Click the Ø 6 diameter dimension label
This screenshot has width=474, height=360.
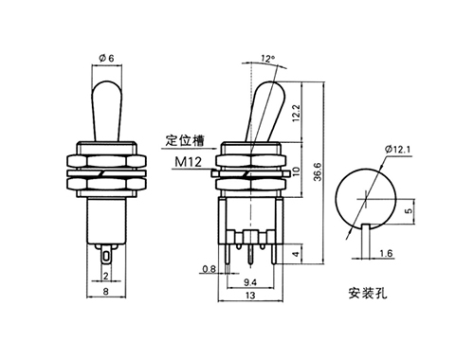[106, 58]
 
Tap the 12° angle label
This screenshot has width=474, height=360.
[268, 59]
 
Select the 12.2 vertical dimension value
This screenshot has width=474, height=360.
[296, 114]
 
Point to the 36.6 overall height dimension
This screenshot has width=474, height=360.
[318, 171]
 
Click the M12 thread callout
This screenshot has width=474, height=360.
[189, 162]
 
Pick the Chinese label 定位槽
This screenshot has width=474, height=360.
[185, 140]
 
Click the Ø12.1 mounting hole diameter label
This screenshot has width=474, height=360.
[398, 149]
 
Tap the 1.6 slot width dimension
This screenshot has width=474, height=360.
[386, 253]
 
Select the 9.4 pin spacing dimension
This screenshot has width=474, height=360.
[250, 282]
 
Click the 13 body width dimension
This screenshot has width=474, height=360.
[250, 296]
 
